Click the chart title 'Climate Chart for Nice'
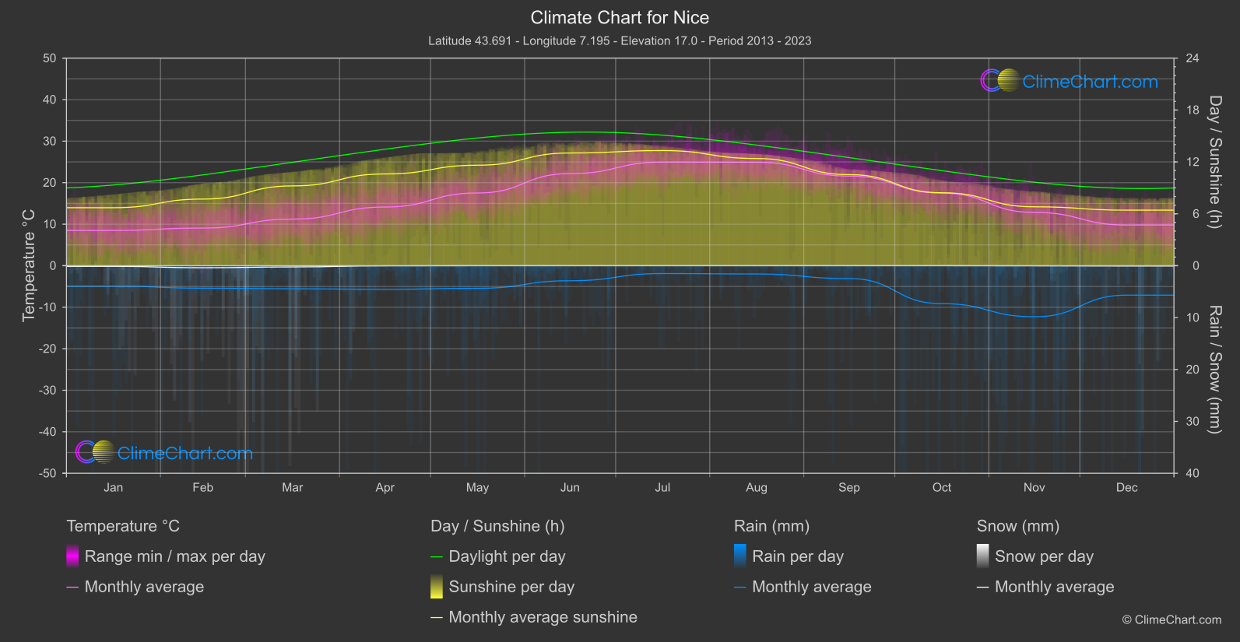coord(620,18)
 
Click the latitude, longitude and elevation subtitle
coord(620,40)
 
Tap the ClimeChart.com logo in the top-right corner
coord(1069,81)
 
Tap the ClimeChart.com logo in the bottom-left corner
coord(164,453)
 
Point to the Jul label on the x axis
coord(662,488)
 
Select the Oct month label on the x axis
coord(942,488)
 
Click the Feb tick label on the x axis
coord(202,488)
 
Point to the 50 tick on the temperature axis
coord(50,58)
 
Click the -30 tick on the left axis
coord(47,391)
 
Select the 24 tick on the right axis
coord(1192,58)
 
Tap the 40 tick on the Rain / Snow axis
coord(1192,473)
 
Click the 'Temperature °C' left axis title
coord(29,265)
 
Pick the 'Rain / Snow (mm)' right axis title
coord(1214,369)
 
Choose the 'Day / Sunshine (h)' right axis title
coord(1214,162)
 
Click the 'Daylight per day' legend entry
coord(507,556)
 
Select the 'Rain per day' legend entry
coord(797,556)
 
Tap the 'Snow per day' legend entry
coord(1043,556)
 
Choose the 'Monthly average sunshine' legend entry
coord(543,617)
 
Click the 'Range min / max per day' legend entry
coord(174,556)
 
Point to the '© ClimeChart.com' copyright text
coord(1172,620)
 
